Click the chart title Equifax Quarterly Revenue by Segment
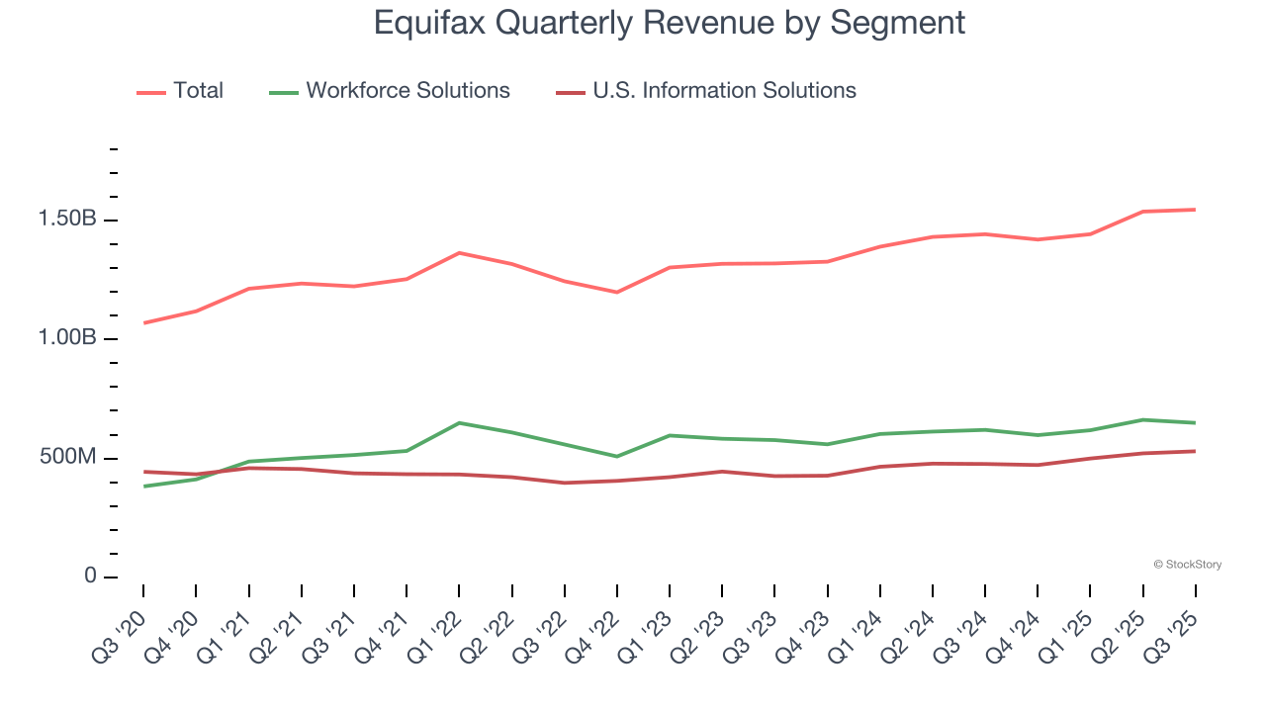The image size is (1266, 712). click(x=669, y=23)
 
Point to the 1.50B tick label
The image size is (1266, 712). click(x=67, y=219)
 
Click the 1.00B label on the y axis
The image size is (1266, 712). click(x=67, y=338)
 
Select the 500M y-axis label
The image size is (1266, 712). click(x=67, y=458)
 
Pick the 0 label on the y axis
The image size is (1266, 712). click(x=90, y=577)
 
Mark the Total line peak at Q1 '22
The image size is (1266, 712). click(x=459, y=252)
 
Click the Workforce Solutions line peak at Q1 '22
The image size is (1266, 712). click(x=459, y=423)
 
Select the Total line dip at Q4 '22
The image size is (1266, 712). click(x=617, y=293)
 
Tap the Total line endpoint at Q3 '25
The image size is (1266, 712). click(x=1196, y=210)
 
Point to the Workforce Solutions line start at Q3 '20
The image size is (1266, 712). click(x=143, y=487)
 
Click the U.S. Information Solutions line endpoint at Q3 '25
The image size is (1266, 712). click(x=1196, y=451)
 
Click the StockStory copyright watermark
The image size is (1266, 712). click(x=1188, y=565)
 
